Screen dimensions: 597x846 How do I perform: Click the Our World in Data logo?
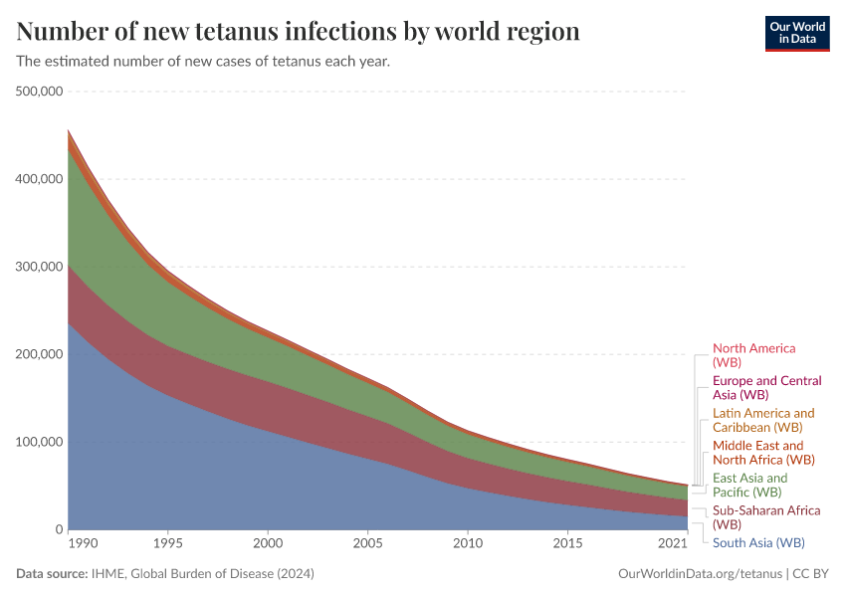click(796, 32)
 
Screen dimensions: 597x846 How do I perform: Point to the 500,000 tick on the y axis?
click(40, 92)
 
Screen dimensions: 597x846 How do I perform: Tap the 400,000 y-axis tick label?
click(40, 179)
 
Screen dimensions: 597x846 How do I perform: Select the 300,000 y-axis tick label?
click(40, 267)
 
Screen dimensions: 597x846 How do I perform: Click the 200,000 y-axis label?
click(40, 354)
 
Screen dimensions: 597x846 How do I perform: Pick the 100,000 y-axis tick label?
click(40, 442)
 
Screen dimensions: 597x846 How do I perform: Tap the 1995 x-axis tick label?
click(167, 543)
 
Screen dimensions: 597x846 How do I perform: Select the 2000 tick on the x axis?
click(268, 543)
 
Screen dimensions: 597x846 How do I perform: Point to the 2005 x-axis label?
click(367, 543)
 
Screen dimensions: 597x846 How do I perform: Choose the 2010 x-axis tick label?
click(468, 543)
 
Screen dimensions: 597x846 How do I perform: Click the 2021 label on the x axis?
click(673, 543)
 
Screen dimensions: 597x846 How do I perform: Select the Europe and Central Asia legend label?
click(766, 388)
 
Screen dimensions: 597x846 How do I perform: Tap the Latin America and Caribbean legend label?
click(762, 420)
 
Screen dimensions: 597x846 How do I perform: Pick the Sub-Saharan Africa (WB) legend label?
click(765, 517)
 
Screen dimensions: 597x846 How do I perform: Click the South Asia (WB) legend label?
click(758, 543)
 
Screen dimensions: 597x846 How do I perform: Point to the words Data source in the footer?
click(51, 574)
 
